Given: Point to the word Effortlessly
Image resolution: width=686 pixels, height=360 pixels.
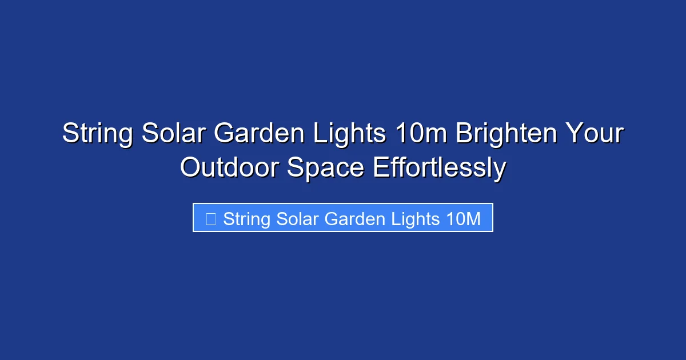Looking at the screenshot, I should [440, 168].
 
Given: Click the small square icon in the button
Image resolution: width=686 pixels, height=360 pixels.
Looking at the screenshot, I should [210, 219].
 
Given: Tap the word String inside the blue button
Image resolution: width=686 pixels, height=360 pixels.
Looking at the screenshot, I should [246, 219].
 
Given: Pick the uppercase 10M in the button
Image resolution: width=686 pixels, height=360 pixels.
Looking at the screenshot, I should [462, 219].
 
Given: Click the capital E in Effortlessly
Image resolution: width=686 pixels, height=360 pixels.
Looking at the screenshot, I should [380, 168].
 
